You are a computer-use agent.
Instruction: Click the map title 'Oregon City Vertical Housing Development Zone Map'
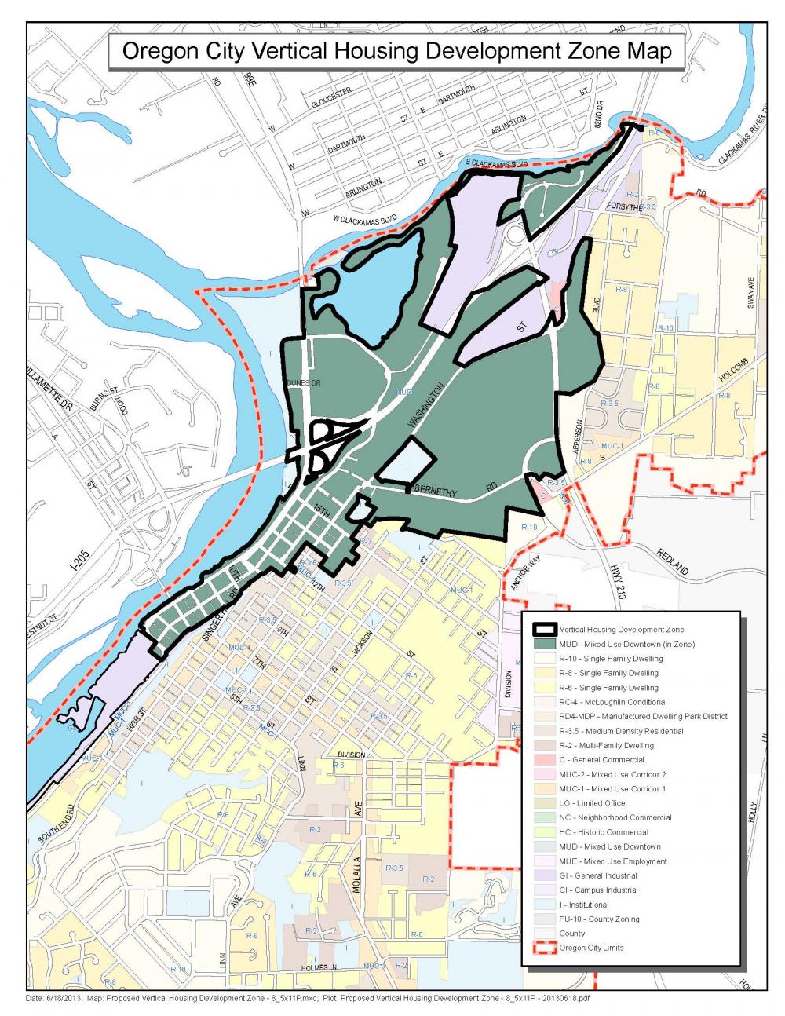[x=398, y=52]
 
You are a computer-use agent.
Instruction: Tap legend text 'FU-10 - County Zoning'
[x=599, y=919]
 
